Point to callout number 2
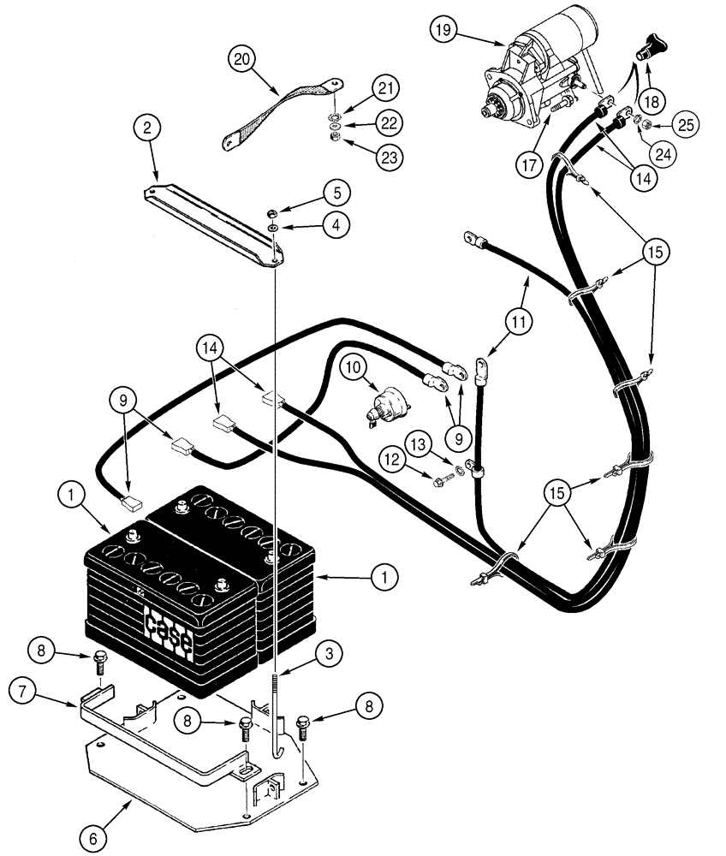pos(148,129)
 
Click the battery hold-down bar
pos(214,223)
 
